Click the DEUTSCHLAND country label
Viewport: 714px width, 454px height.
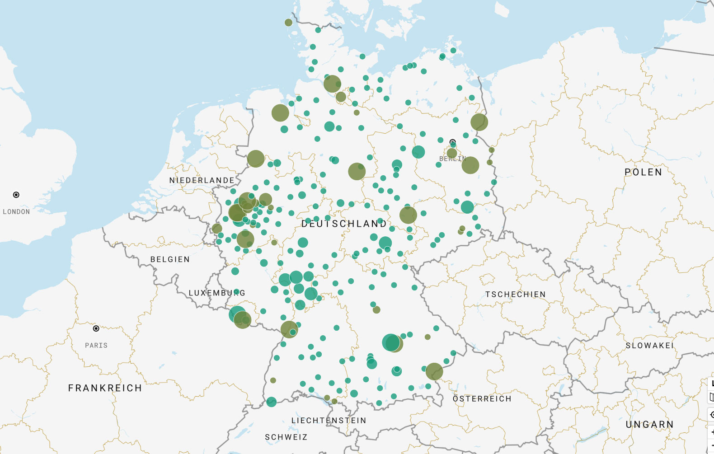point(344,224)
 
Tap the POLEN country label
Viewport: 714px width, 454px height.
point(643,172)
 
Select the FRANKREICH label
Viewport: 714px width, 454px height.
point(105,388)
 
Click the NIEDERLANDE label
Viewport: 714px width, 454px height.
point(202,180)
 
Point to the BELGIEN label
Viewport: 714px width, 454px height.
point(170,259)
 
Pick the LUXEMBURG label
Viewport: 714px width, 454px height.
point(217,293)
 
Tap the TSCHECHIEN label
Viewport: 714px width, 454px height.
point(515,295)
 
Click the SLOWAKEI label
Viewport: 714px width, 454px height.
point(649,346)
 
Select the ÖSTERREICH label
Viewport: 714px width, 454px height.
point(482,399)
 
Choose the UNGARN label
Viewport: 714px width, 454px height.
point(649,425)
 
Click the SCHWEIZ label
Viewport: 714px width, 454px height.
point(286,437)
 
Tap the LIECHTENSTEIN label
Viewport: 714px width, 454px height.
point(329,421)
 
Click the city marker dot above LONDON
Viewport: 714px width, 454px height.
point(16,195)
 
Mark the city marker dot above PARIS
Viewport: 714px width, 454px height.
point(96,328)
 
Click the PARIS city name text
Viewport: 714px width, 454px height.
point(96,346)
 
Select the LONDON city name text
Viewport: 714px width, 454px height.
point(16,212)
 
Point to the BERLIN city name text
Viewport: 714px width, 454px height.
point(452,159)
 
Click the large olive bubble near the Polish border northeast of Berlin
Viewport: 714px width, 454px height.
point(479,122)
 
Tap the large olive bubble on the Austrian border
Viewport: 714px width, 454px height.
point(434,371)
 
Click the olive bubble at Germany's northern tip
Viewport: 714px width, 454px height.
point(288,23)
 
